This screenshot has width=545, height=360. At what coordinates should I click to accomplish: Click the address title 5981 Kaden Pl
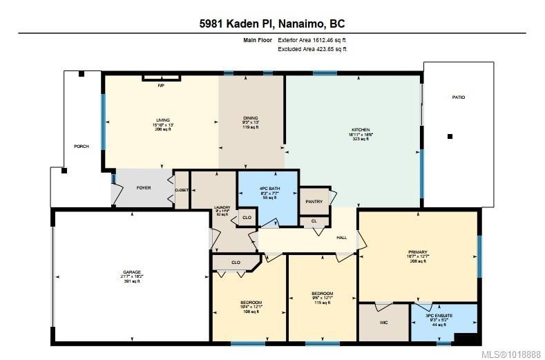pyautogui.click(x=271, y=23)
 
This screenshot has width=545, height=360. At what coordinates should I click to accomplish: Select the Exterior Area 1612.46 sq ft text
pyautogui.click(x=312, y=40)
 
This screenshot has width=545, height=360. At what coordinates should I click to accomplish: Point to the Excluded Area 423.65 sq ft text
pyautogui.click(x=312, y=49)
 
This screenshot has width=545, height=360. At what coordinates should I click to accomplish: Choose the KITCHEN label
pyautogui.click(x=361, y=130)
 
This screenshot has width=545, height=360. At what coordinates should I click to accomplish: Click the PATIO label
pyautogui.click(x=459, y=97)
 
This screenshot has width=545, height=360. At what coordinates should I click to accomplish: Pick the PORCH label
pyautogui.click(x=82, y=146)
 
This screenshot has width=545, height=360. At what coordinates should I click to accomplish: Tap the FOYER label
pyautogui.click(x=143, y=187)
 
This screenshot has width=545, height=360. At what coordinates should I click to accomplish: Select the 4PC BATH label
pyautogui.click(x=268, y=189)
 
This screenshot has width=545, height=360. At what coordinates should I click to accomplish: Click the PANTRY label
pyautogui.click(x=314, y=202)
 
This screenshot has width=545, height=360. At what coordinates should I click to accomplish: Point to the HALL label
pyautogui.click(x=341, y=238)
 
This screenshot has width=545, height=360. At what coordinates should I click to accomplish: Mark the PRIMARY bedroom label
pyautogui.click(x=417, y=252)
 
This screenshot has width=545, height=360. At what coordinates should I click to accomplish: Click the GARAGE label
pyautogui.click(x=131, y=272)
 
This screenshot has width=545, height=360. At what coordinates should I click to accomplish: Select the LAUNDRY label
pyautogui.click(x=222, y=207)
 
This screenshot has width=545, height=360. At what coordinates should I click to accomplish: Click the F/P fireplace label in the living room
pyautogui.click(x=161, y=86)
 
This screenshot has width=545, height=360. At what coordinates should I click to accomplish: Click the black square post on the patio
pyautogui.click(x=450, y=137)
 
